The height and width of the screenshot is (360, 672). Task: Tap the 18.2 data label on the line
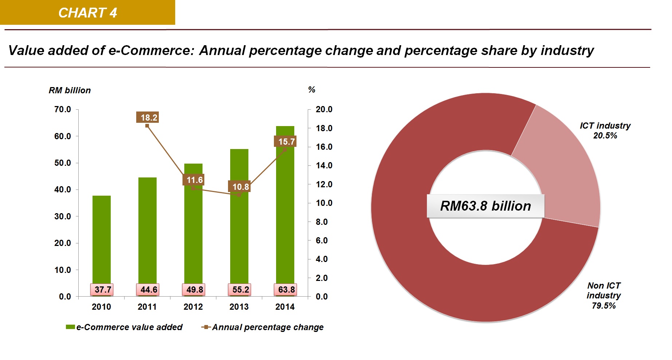tap(149, 117)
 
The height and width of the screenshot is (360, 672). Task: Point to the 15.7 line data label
tap(286, 141)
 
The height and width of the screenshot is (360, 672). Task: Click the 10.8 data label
tap(240, 187)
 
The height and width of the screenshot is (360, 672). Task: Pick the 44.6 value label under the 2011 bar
tap(149, 290)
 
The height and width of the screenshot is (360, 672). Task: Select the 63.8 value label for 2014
tap(286, 290)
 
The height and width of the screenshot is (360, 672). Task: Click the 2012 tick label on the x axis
tap(193, 307)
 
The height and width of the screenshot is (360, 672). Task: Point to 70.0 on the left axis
tap(63, 109)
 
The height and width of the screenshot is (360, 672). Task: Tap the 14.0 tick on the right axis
tap(324, 165)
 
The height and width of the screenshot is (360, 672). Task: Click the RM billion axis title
tap(70, 90)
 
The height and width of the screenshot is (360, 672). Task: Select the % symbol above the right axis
tap(312, 90)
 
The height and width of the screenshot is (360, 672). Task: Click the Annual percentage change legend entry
tap(263, 327)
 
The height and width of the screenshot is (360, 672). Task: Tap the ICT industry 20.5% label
tap(605, 130)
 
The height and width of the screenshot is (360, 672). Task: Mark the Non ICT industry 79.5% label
tap(604, 296)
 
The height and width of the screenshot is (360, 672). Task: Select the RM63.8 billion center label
tap(486, 206)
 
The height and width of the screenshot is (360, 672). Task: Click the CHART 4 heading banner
tap(87, 12)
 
